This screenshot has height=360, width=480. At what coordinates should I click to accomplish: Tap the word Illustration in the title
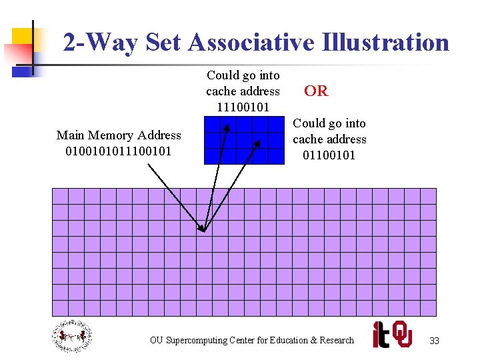(385, 43)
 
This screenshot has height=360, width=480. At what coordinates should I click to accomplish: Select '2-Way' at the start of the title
(100, 43)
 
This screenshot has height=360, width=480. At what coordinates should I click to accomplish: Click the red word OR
(316, 91)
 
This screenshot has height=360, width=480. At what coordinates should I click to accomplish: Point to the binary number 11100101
(243, 107)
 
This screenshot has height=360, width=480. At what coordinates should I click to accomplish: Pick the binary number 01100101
(329, 155)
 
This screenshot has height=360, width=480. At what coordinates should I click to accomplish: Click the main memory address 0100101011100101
(119, 151)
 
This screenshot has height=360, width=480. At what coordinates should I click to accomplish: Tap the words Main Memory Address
(119, 135)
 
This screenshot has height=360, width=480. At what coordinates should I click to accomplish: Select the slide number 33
(434, 341)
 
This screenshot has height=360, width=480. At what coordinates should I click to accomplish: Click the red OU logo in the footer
(402, 334)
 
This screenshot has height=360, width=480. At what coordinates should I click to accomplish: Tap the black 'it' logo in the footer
(381, 334)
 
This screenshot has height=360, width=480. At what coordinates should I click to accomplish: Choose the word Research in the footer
(337, 341)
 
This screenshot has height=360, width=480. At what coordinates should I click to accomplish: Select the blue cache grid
(244, 141)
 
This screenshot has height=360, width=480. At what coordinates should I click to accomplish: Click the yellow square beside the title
(23, 36)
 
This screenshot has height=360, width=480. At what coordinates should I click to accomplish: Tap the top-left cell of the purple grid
(60, 196)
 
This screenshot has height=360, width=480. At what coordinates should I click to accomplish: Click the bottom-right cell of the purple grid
(428, 308)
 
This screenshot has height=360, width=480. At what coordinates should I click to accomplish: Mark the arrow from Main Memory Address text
(175, 196)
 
